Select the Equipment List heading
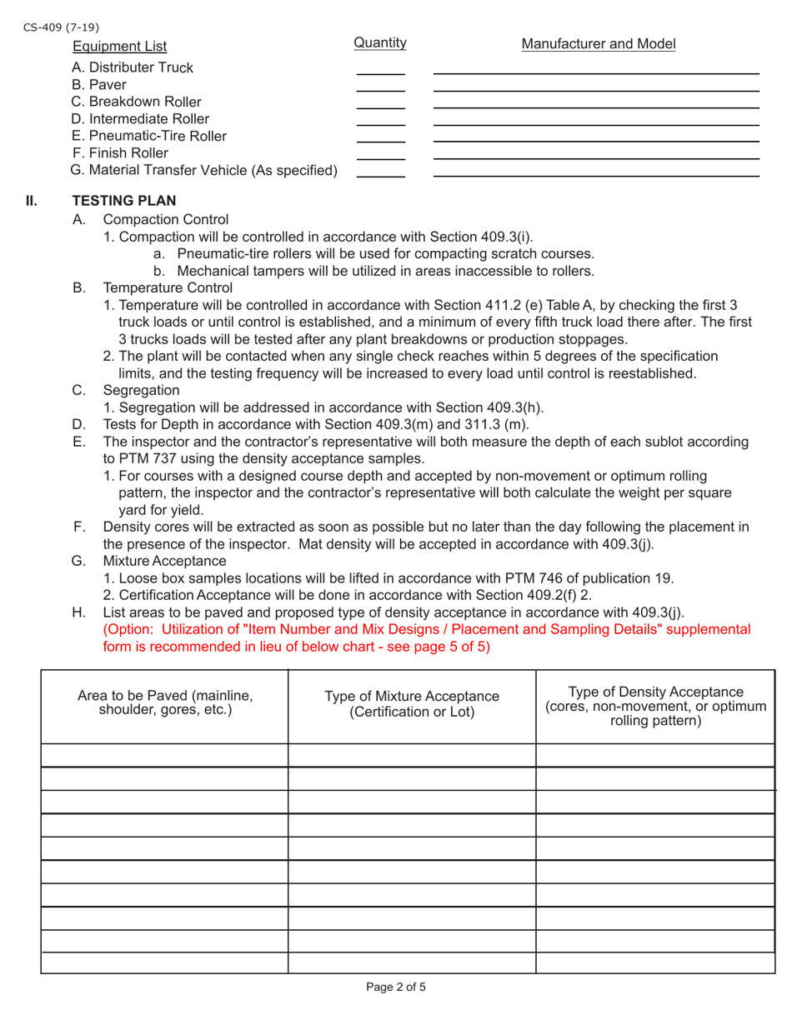119,46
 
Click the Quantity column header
380,42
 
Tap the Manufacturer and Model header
598,44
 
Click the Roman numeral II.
32,202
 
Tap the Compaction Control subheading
165,220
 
